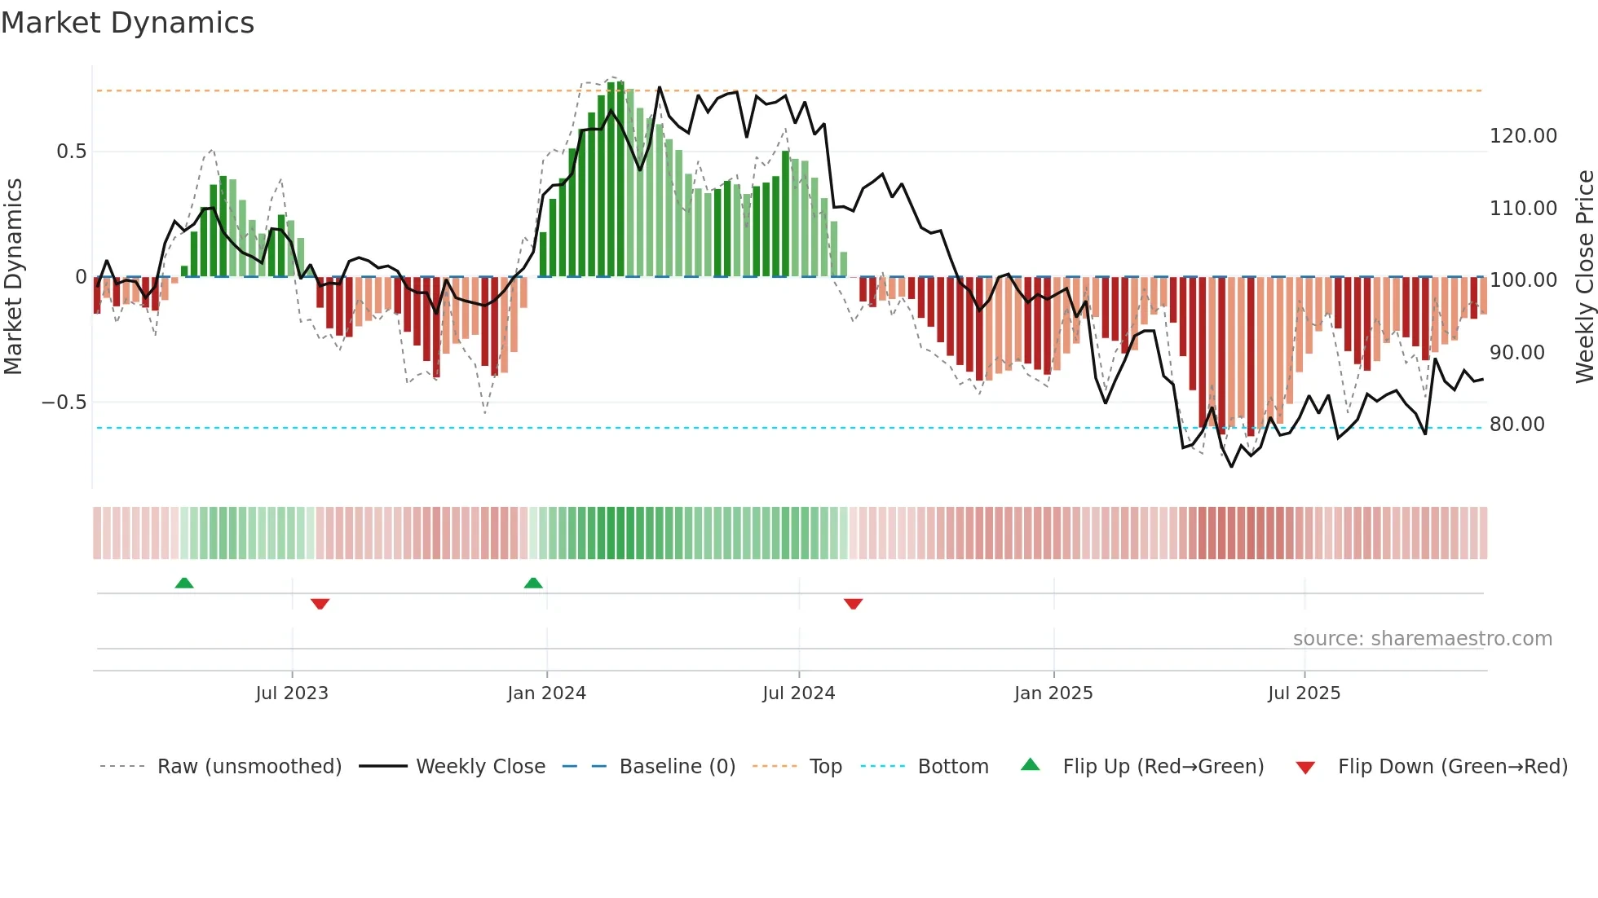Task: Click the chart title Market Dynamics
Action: point(127,23)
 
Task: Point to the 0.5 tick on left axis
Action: point(71,152)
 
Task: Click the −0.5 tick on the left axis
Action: point(64,403)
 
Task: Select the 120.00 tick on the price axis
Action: point(1523,136)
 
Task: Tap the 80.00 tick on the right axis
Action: point(1516,425)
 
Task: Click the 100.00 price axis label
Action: point(1523,280)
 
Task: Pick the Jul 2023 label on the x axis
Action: point(292,693)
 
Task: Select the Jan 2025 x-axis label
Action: point(1053,693)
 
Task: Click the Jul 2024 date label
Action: point(799,693)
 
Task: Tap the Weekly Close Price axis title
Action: point(1584,277)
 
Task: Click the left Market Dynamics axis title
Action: point(13,277)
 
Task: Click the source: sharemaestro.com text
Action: point(1422,639)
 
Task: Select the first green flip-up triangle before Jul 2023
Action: point(184,583)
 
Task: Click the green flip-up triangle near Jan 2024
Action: point(533,583)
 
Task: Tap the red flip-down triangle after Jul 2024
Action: point(853,604)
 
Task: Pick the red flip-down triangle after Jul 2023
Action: point(320,604)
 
